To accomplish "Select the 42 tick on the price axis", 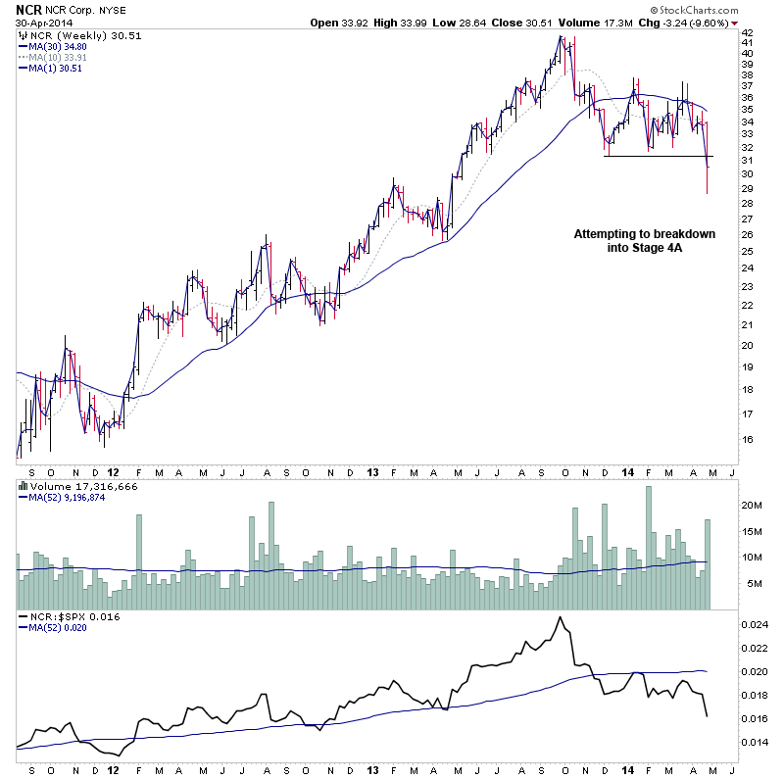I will tap(746, 32).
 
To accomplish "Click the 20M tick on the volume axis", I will tap(752, 505).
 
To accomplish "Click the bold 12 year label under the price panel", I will tap(113, 471).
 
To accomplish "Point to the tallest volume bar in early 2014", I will tap(649, 548).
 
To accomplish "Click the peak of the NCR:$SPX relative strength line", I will tap(560, 617).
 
